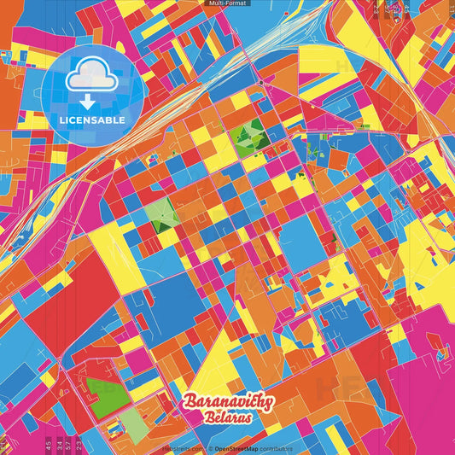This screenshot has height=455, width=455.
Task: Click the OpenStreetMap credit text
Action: tap(237, 447)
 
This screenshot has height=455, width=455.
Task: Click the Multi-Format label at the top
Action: tap(227, 3)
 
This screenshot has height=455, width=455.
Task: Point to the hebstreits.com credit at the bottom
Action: tap(182, 447)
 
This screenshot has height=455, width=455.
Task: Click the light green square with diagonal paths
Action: tap(160, 213)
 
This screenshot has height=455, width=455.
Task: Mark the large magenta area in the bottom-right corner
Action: tap(418, 401)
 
